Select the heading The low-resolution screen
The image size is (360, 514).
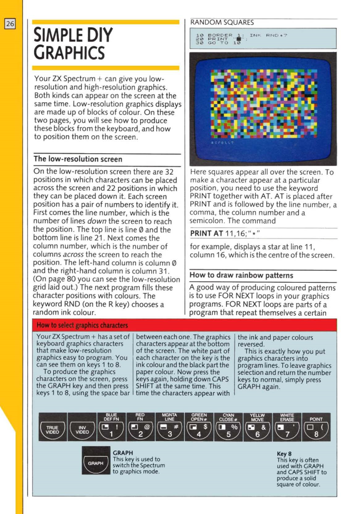[x=78, y=159]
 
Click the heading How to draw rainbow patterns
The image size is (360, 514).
[x=235, y=276]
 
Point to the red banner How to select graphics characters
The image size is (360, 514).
[x=82, y=325]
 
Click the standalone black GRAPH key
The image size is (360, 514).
[x=96, y=463]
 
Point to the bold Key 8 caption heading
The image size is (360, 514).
[x=284, y=454]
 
